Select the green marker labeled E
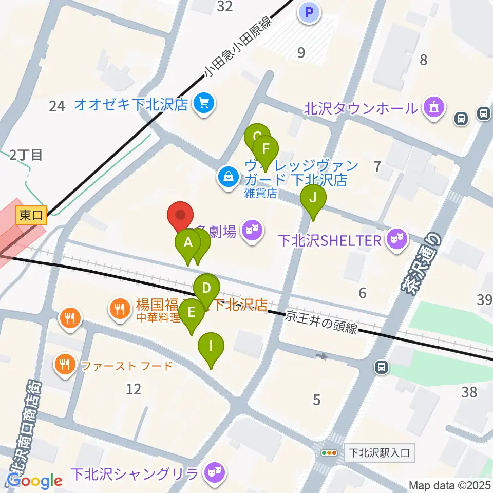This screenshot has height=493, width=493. (x=192, y=313)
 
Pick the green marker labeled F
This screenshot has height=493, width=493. (x=266, y=149)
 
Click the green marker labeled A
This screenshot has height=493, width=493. (x=188, y=242)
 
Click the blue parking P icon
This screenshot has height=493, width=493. (x=309, y=12)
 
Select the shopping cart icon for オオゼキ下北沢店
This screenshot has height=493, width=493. (x=204, y=104)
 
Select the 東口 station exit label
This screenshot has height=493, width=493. (x=31, y=215)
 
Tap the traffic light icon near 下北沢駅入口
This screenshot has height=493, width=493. (x=329, y=453)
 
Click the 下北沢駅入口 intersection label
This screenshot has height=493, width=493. (x=379, y=453)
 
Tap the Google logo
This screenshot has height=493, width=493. (x=34, y=481)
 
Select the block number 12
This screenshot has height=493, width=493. (x=133, y=389)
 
